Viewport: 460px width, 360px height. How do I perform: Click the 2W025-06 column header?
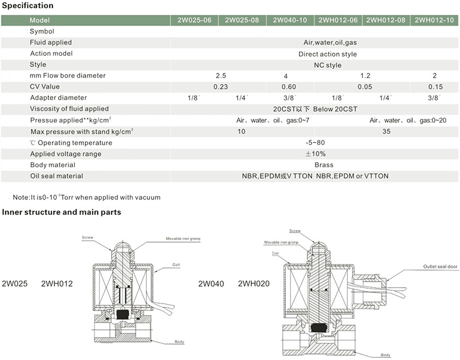coord(194,20)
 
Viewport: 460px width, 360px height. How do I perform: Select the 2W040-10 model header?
coord(290,20)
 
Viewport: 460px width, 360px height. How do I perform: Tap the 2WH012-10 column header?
coord(434,20)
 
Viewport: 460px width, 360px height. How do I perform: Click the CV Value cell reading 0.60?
coord(289,87)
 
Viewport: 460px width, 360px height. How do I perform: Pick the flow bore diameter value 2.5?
coord(221,76)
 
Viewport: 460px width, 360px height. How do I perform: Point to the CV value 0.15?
coord(435,87)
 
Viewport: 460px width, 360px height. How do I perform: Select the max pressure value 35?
coord(387,132)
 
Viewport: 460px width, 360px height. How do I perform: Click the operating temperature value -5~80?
coord(315,142)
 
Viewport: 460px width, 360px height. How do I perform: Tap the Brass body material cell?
coord(324,165)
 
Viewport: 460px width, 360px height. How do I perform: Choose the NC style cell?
coord(327,65)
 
